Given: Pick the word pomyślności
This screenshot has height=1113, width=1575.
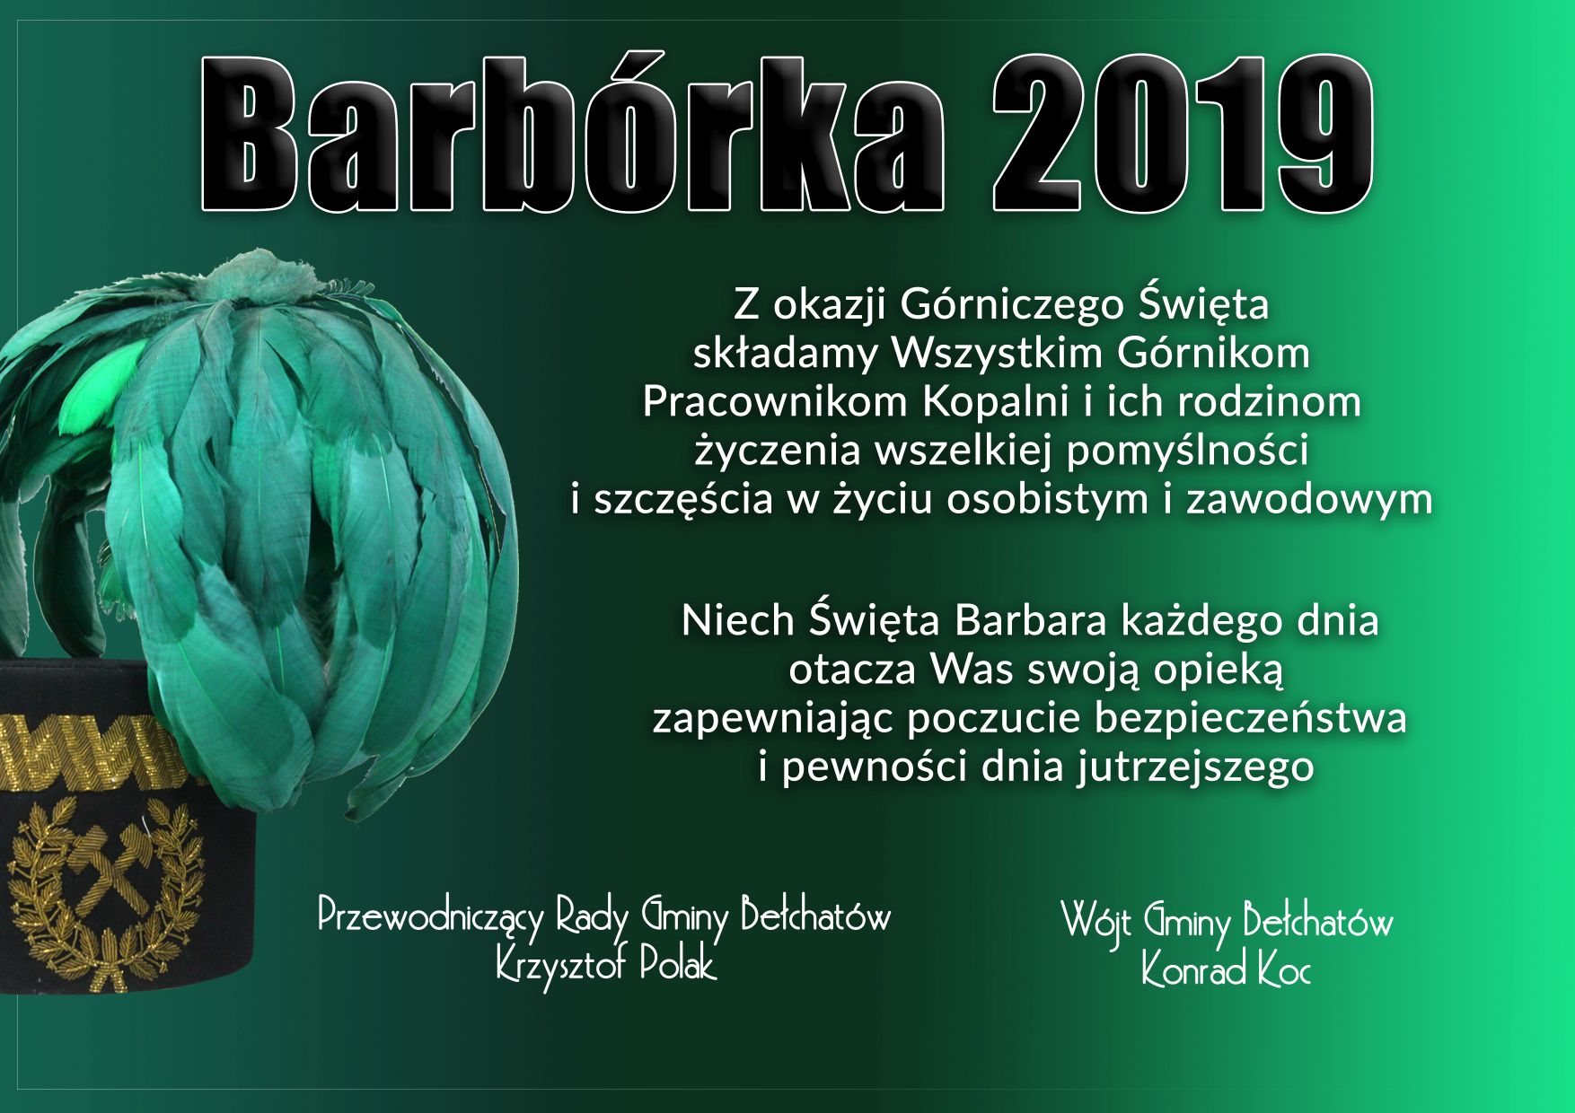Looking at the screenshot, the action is pyautogui.click(x=1186, y=451).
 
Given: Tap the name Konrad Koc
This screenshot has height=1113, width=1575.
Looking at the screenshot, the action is pyautogui.click(x=1226, y=970).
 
